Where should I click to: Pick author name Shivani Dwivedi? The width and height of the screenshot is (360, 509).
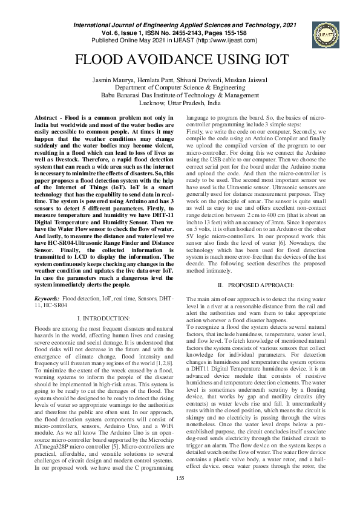pos(197,80)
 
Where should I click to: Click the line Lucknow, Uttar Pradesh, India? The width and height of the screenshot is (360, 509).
pos(180,103)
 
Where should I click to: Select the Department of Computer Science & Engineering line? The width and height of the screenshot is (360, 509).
pos(180,88)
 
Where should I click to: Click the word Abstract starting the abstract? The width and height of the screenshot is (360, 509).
pos(49,117)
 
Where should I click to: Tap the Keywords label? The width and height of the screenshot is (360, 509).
pos(47,299)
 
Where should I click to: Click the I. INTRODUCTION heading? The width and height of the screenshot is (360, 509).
pos(103,318)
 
